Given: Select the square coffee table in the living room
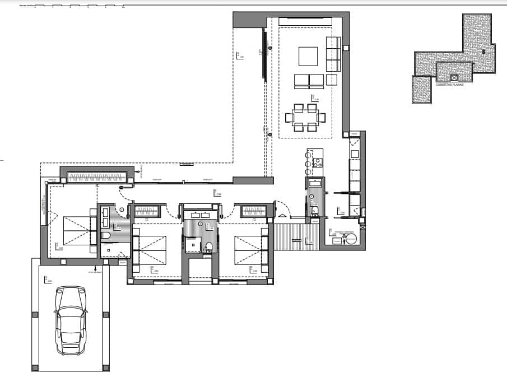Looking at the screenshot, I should tap(308, 57).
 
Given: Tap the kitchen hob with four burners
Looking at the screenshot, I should tap(318, 163).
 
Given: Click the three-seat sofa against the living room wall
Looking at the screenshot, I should tap(333, 54).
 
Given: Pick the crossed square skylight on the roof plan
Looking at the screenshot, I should tap(454, 77).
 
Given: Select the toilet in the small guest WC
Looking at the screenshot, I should tap(315, 210).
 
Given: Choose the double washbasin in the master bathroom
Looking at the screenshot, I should tap(107, 213).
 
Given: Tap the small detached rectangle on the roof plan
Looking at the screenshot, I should tap(421, 89).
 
